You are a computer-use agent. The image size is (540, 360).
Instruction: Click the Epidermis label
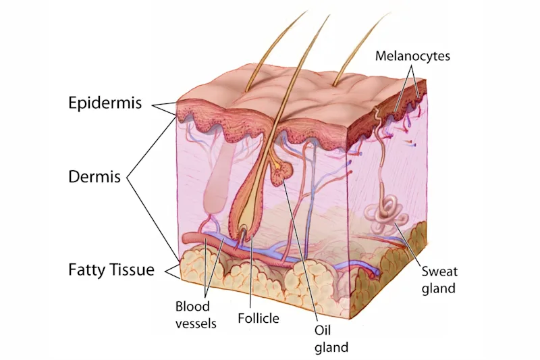(105, 103)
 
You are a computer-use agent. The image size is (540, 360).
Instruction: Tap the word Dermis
(94, 177)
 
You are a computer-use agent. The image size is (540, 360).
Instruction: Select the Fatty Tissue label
(111, 270)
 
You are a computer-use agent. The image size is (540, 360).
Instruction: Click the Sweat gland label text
(439, 280)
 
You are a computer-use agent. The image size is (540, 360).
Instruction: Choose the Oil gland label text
(331, 340)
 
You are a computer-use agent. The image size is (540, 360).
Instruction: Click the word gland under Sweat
(439, 288)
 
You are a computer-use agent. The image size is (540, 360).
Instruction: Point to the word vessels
(196, 323)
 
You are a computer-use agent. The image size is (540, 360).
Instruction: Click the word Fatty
(86, 270)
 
